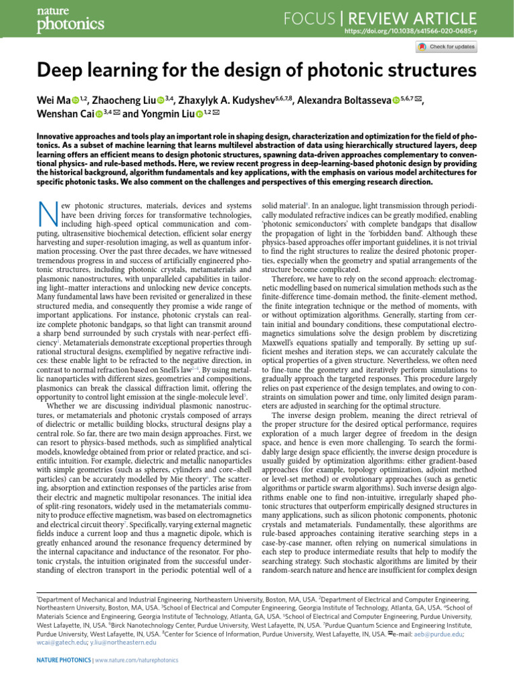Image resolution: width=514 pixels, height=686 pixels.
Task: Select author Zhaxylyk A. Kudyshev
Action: (x=224, y=100)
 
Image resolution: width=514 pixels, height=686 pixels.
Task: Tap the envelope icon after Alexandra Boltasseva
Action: (x=418, y=100)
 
